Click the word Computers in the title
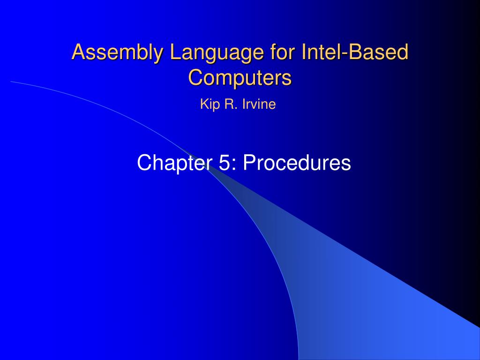(240, 77)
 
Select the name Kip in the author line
(208, 105)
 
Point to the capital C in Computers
(194, 77)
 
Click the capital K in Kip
(203, 105)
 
